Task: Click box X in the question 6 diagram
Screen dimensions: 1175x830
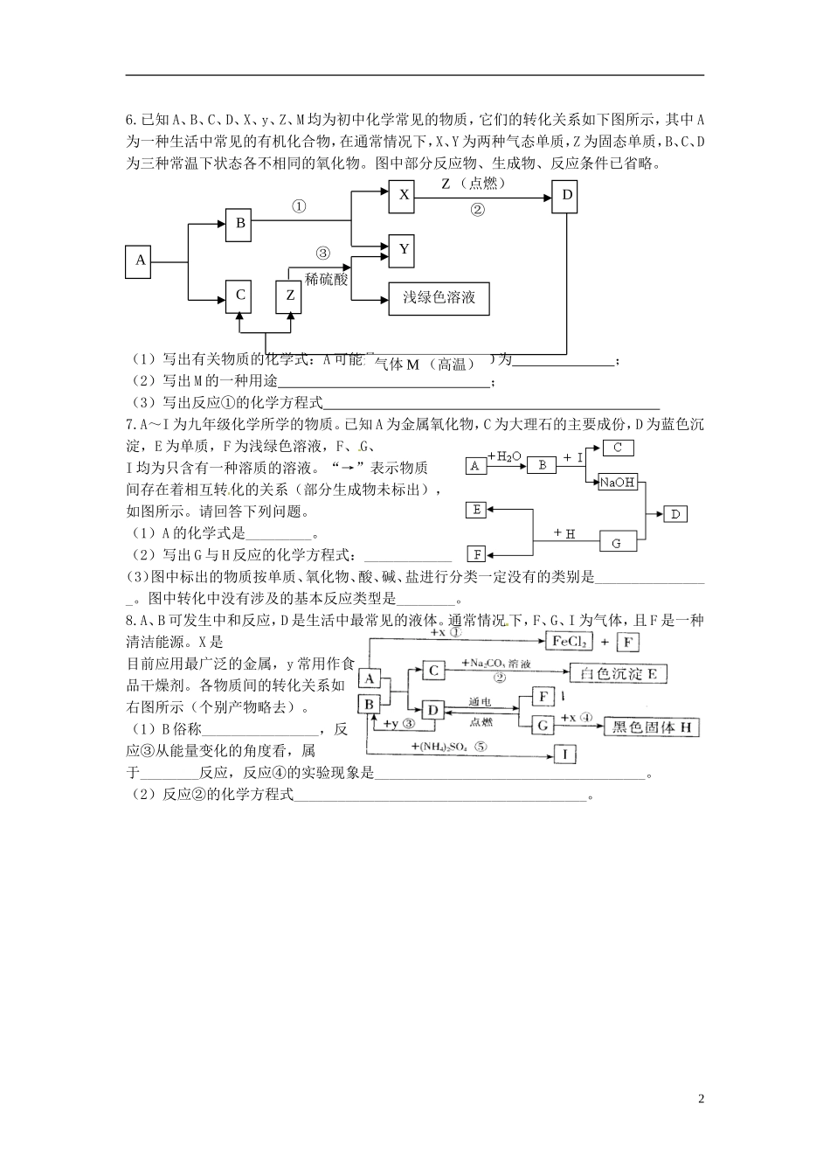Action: pos(403,196)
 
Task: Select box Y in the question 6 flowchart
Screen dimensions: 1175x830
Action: pos(403,250)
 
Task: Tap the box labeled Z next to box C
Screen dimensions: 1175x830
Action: pos(290,295)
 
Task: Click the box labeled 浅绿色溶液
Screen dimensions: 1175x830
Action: pos(439,298)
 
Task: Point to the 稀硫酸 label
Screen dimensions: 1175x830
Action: pos(327,279)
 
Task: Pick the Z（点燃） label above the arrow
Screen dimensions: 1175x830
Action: pos(474,184)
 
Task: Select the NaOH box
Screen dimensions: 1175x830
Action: pos(618,483)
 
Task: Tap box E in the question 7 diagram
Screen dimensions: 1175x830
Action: pos(476,510)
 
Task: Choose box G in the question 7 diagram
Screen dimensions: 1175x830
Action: pos(617,542)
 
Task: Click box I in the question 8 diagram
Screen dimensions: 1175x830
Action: pos(564,754)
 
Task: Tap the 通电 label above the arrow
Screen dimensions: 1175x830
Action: pos(480,702)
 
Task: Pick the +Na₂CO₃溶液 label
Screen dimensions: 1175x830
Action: pos(495,664)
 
